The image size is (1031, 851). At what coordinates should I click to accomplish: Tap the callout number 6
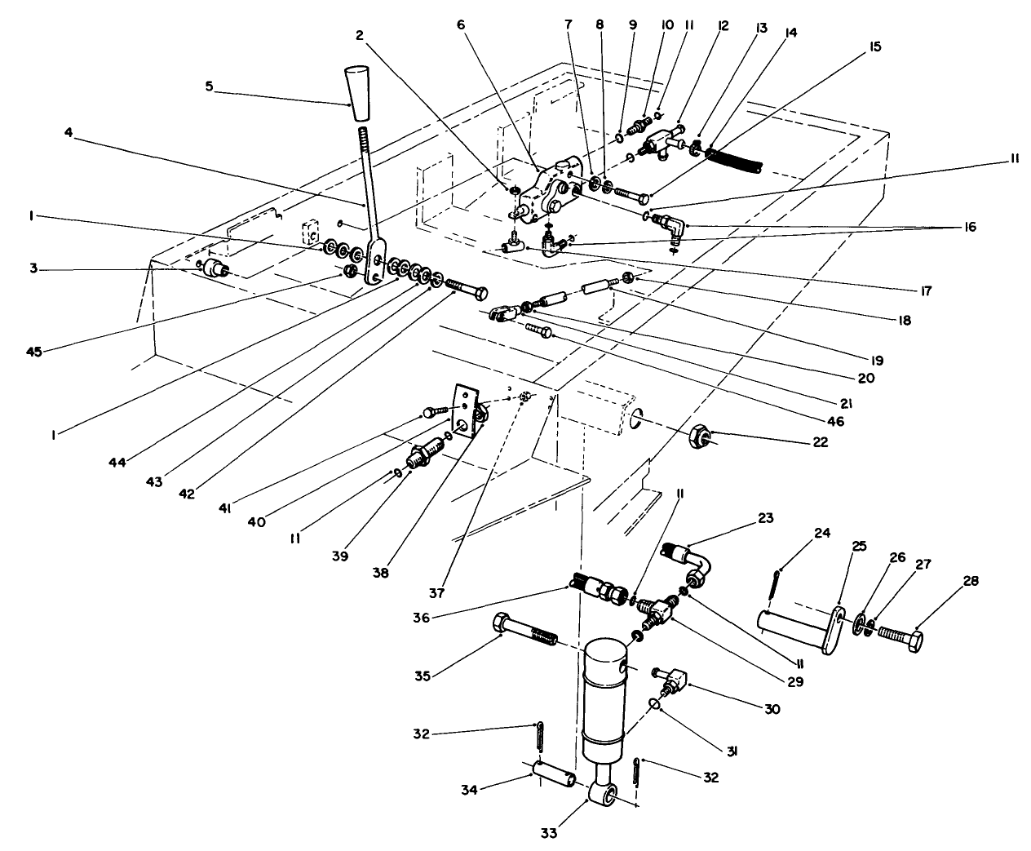pyautogui.click(x=461, y=25)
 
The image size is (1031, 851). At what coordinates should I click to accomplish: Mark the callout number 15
pyautogui.click(x=874, y=48)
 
